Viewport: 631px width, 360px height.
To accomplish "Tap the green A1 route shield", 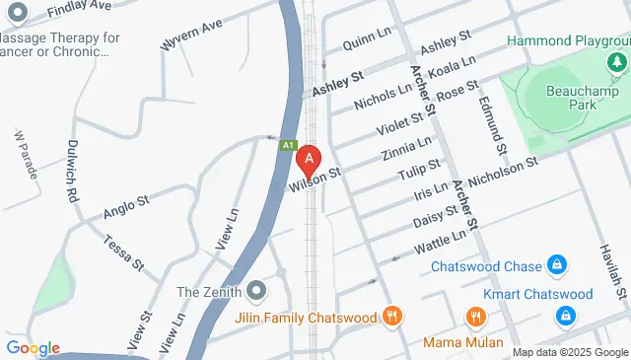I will click(x=288, y=145).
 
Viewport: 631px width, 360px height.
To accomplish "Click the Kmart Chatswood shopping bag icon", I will click(x=566, y=316).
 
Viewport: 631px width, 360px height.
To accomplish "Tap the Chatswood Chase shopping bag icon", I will click(x=557, y=265).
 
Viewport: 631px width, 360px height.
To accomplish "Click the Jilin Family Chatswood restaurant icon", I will click(x=392, y=317).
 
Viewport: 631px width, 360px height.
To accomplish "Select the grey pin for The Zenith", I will click(x=257, y=291).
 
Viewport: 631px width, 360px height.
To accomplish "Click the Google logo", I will click(x=32, y=347).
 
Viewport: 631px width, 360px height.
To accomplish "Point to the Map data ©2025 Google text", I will click(x=569, y=352).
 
